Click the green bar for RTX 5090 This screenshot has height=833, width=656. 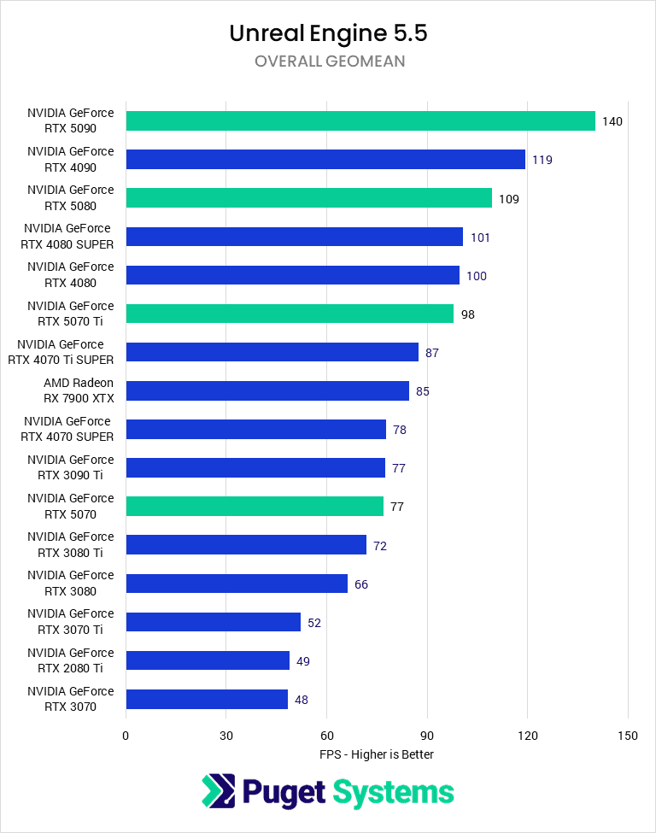tap(360, 121)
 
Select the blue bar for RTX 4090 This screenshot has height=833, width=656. tap(325, 160)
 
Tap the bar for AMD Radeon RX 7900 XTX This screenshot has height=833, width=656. tap(267, 391)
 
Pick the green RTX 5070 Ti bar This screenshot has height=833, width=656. tap(290, 314)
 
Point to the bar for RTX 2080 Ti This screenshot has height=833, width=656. tap(208, 660)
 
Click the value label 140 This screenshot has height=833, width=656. tap(612, 121)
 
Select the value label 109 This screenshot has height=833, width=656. tap(509, 199)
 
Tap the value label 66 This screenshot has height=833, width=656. tap(361, 584)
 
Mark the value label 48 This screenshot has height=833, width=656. tap(302, 700)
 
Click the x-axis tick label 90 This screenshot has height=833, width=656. tap(427, 736)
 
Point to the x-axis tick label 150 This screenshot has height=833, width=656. tap(628, 736)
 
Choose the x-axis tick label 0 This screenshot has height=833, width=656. tap(126, 736)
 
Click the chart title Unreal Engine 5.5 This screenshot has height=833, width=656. tap(328, 34)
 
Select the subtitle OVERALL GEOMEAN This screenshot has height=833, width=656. tap(328, 62)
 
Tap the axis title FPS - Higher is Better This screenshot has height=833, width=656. tap(377, 754)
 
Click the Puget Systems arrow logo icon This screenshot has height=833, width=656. tap(218, 791)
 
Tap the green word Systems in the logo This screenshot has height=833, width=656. tap(393, 792)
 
